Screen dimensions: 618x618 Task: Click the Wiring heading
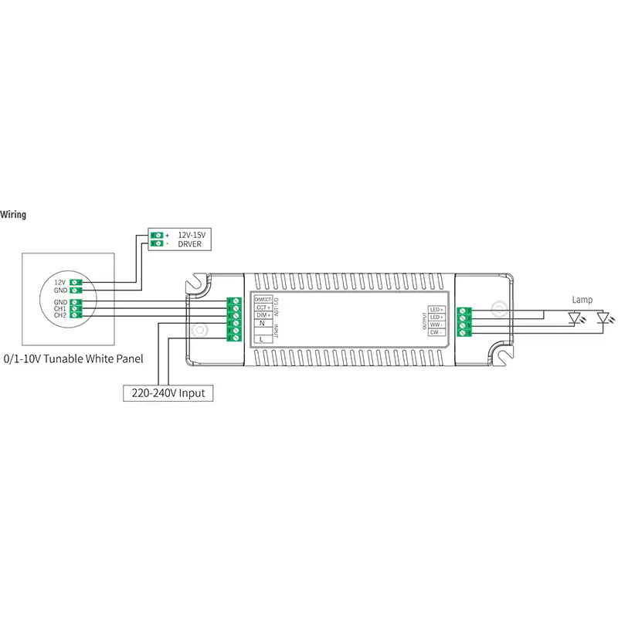tap(13, 215)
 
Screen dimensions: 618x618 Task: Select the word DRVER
tap(190, 243)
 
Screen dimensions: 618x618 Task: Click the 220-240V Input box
tap(168, 393)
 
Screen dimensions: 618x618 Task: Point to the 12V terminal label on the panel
tap(59, 283)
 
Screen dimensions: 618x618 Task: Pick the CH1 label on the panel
tap(59, 308)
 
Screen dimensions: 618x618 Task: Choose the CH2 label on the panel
tap(59, 315)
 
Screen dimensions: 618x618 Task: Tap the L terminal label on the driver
tap(262, 338)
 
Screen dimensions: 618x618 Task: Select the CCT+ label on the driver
tap(262, 307)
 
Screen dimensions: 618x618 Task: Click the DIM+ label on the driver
tap(262, 316)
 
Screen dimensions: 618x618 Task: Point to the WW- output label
tap(436, 324)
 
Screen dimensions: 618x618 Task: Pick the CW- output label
tap(436, 332)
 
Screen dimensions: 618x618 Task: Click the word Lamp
tap(582, 299)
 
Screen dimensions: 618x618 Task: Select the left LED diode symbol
tap(574, 317)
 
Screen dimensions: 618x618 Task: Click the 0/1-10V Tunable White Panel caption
tap(74, 359)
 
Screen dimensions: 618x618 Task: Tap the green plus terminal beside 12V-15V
tap(158, 234)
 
